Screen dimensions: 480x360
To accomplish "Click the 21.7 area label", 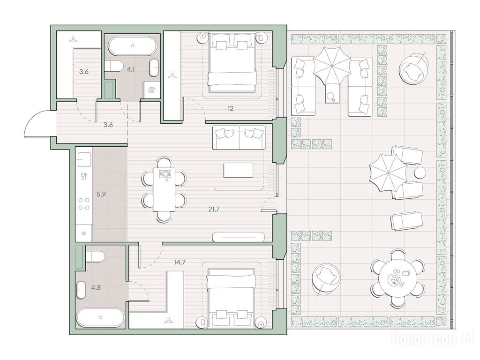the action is click(x=213, y=210).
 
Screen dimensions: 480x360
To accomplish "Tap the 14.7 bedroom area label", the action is click(x=180, y=262).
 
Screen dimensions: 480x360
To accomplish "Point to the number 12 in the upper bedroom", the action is click(x=230, y=108).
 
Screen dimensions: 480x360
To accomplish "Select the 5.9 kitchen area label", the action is click(x=101, y=194).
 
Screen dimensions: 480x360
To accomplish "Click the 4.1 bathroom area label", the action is click(x=131, y=69).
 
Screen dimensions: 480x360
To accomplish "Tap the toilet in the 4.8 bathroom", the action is click(x=94, y=257).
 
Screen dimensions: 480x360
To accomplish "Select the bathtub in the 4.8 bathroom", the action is click(x=100, y=317).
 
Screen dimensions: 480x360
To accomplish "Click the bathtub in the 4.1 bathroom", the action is click(x=133, y=46).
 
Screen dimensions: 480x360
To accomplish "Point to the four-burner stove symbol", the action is click(x=84, y=204).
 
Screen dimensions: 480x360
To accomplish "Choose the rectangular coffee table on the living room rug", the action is click(x=239, y=170).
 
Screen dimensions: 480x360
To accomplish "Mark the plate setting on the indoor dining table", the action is click(x=165, y=173).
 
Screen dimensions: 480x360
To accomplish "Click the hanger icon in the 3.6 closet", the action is click(x=73, y=39).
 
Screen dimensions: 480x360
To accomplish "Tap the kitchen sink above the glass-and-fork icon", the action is click(x=84, y=160).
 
